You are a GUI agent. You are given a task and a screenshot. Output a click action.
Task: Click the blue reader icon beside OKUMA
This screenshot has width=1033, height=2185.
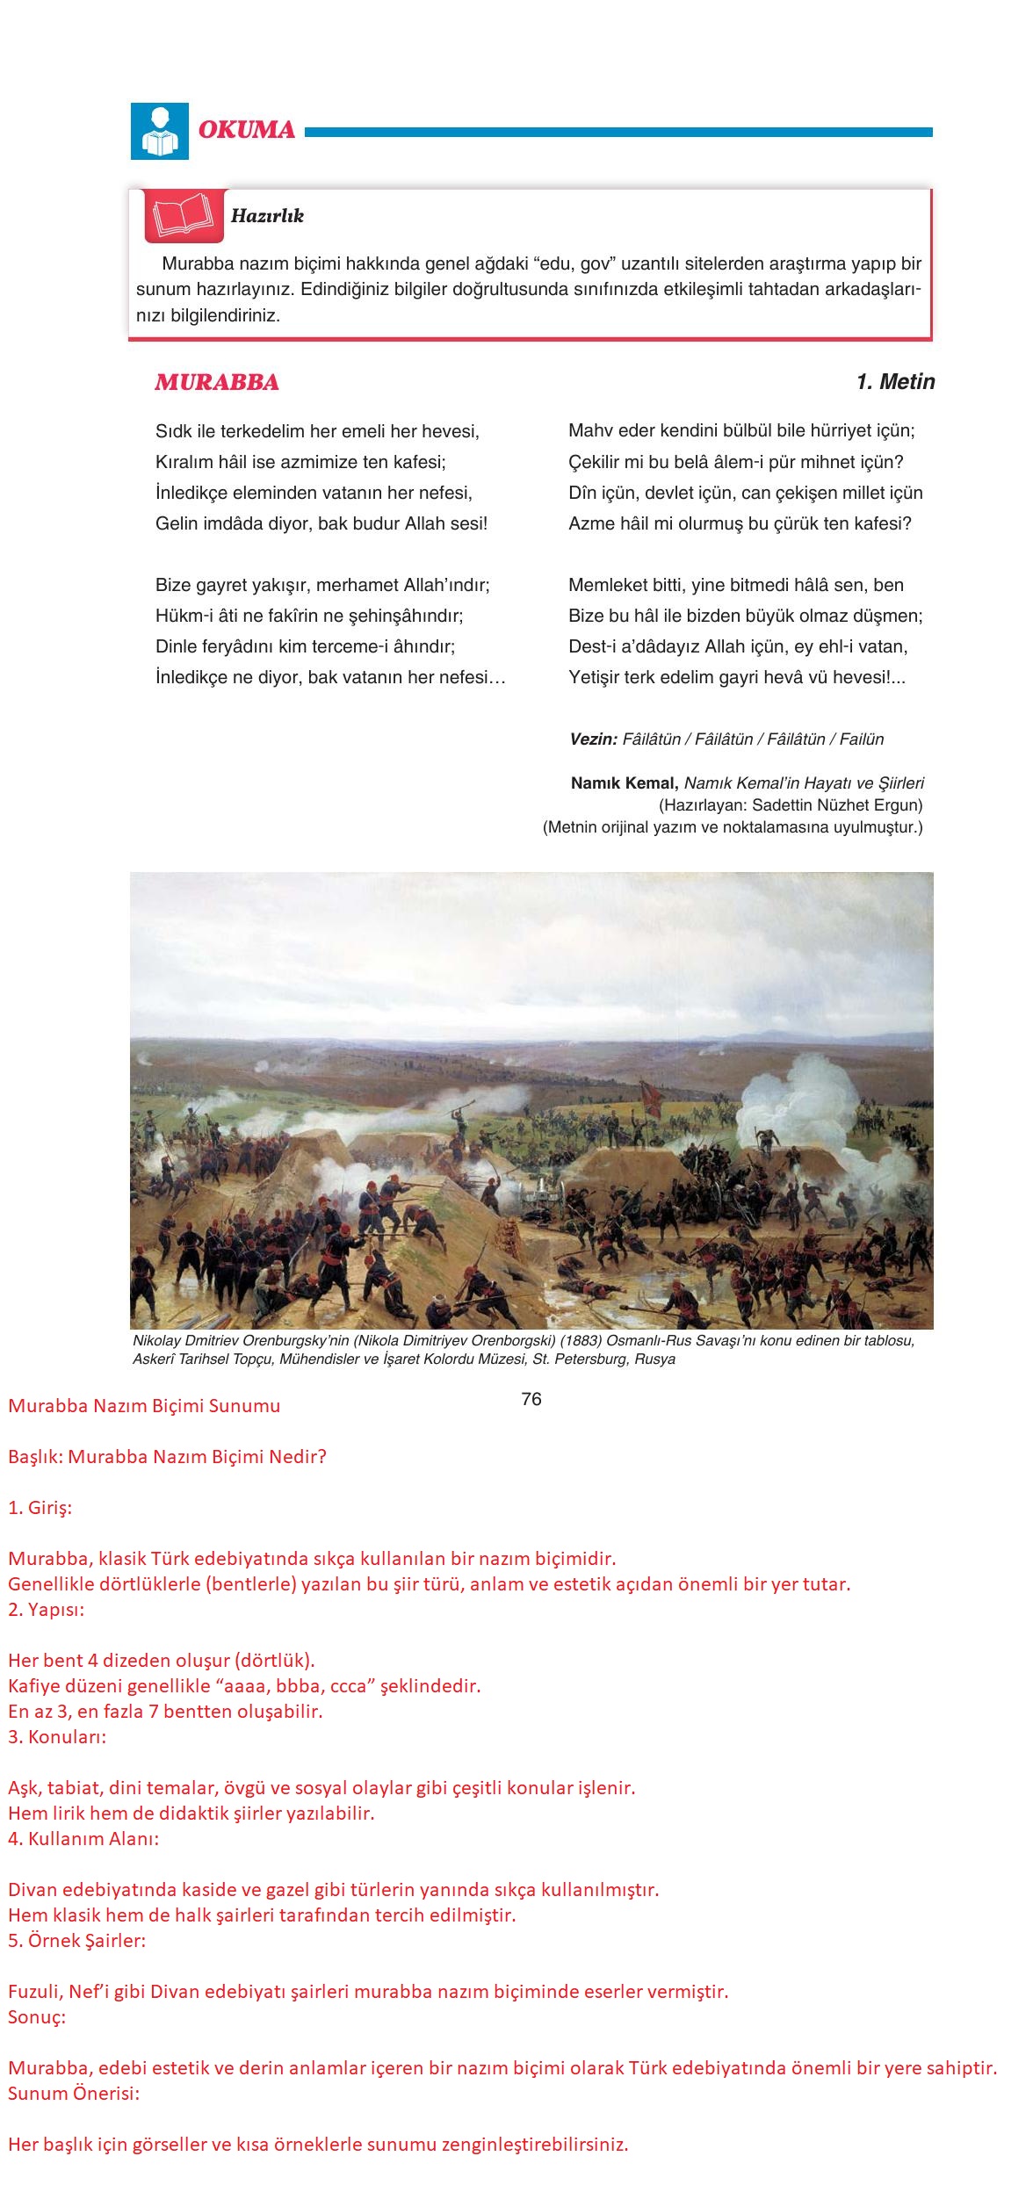coord(159,131)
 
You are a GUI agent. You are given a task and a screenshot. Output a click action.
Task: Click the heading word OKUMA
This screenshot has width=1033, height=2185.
coord(247,130)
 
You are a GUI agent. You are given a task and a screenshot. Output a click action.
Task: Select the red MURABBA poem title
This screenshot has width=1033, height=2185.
coord(217,382)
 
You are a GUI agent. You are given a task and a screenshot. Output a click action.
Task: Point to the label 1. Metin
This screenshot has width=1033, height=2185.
coord(895,382)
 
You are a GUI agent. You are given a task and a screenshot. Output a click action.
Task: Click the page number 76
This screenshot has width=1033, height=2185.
coord(531,1399)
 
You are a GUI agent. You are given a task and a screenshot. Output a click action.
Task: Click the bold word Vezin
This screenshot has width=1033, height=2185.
coord(593,739)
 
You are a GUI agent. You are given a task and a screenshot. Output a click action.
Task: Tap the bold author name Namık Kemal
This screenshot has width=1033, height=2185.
coord(624,783)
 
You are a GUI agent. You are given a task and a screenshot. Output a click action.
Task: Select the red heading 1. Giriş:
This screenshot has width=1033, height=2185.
coord(40,1508)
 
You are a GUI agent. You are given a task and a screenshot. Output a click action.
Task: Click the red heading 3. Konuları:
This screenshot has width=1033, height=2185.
coord(57,1737)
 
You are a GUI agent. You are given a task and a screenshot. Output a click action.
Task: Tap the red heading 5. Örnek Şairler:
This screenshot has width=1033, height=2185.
coord(77,1941)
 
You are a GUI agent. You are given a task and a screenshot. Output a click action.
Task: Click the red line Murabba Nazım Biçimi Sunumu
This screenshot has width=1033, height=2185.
coord(144,1406)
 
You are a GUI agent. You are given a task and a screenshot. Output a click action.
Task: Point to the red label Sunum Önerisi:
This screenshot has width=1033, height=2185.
coord(74,2094)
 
